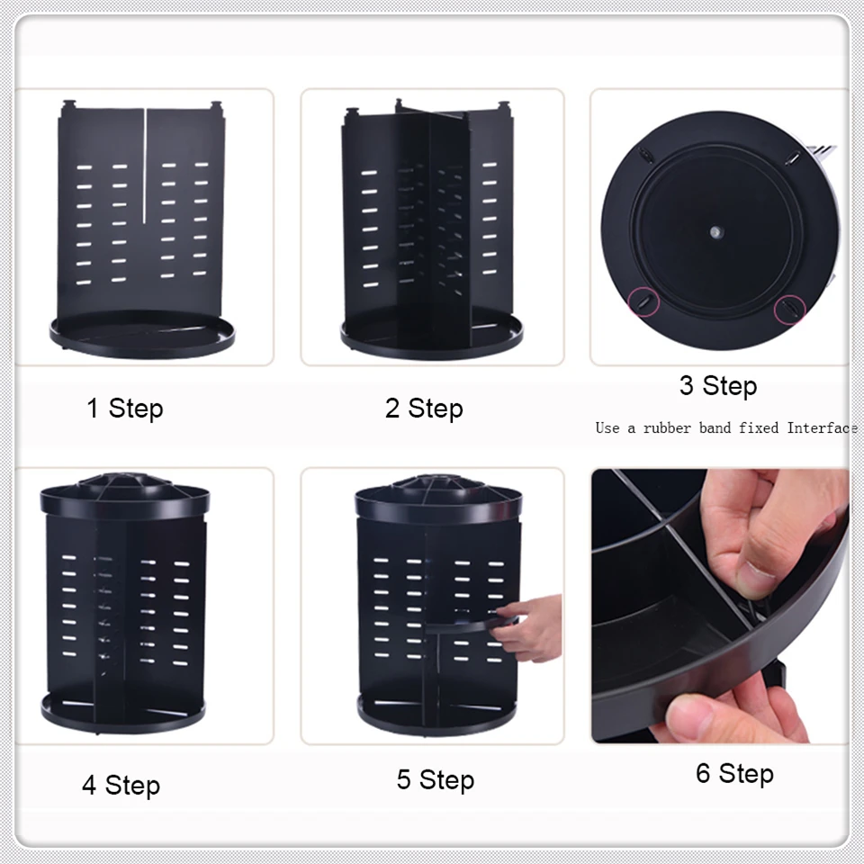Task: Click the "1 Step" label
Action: pyautogui.click(x=125, y=409)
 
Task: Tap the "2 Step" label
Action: pyautogui.click(x=424, y=409)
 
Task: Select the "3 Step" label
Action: pyautogui.click(x=718, y=386)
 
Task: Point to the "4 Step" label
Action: pyautogui.click(x=121, y=785)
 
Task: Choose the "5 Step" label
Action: pyautogui.click(x=436, y=779)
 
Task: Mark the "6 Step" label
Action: pyautogui.click(x=734, y=773)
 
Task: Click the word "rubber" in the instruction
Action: pyautogui.click(x=667, y=428)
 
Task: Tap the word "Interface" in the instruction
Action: pyautogui.click(x=822, y=428)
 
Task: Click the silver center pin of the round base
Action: pyautogui.click(x=715, y=232)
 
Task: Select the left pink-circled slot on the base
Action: pyautogui.click(x=643, y=301)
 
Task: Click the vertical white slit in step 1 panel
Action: pyautogui.click(x=144, y=166)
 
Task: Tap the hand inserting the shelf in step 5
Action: pyautogui.click(x=529, y=628)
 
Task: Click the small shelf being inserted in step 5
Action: pyautogui.click(x=471, y=625)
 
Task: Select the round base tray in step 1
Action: pyautogui.click(x=142, y=334)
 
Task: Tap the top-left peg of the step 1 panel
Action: pyautogui.click(x=69, y=104)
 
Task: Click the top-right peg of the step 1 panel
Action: pyautogui.click(x=216, y=104)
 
